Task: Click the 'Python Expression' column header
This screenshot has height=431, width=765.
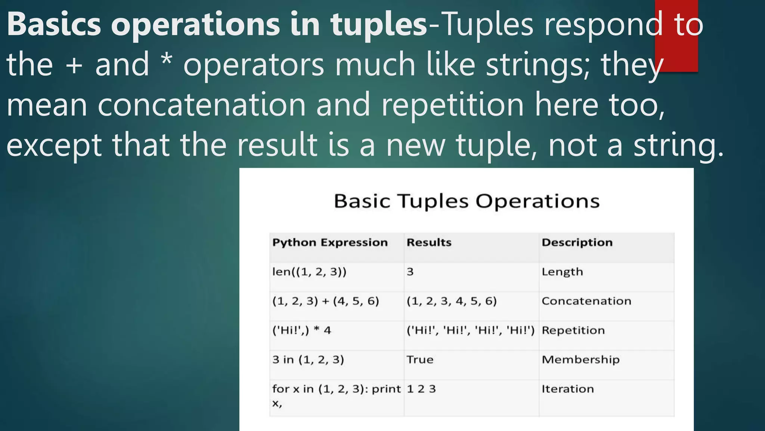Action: click(x=330, y=242)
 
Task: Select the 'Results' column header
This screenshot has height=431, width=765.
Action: click(x=429, y=242)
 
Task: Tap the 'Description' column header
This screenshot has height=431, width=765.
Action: click(x=577, y=242)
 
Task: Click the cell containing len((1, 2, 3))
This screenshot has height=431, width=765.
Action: click(x=309, y=272)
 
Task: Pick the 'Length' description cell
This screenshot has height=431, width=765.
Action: click(x=562, y=272)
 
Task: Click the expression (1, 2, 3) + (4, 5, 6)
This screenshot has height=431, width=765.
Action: click(x=325, y=301)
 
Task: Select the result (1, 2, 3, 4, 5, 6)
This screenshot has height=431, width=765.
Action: click(x=452, y=301)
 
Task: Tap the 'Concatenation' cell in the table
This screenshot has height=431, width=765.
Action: click(x=586, y=301)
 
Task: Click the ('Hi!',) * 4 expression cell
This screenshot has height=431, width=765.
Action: click(x=301, y=330)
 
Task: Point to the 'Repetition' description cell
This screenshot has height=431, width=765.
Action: click(x=573, y=330)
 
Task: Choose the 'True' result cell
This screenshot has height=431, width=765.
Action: click(x=420, y=360)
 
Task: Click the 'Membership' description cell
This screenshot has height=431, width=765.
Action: click(x=580, y=360)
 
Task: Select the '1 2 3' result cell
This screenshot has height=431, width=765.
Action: click(x=421, y=389)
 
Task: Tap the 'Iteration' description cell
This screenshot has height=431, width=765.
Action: click(x=567, y=389)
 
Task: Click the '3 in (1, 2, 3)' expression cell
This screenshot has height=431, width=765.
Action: click(x=308, y=360)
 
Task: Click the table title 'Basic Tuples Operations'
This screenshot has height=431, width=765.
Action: click(x=466, y=201)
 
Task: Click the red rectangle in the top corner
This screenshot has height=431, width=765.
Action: click(x=676, y=36)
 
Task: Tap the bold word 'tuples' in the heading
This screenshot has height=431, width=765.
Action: click(x=378, y=24)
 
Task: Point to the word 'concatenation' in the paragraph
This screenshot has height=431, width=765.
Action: click(x=202, y=105)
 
